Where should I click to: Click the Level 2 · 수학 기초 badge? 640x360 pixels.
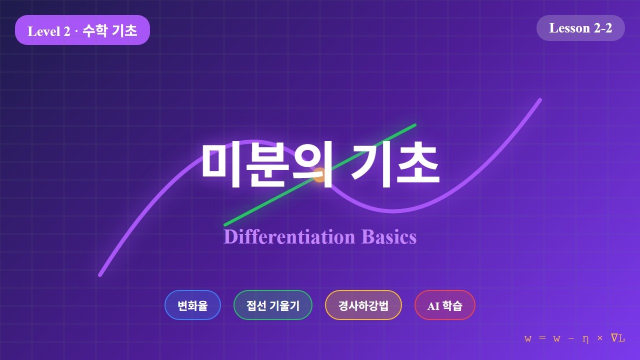(82, 30)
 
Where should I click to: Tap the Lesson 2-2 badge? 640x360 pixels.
(580, 28)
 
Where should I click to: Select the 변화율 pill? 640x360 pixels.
(192, 305)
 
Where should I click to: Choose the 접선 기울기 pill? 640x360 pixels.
(273, 305)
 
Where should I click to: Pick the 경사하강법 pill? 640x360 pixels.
(363, 305)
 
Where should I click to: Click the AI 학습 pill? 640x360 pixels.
(444, 305)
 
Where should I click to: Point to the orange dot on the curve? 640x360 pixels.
(319, 174)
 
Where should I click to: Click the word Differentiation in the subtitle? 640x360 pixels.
(289, 236)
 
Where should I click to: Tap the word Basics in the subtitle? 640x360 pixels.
(389, 236)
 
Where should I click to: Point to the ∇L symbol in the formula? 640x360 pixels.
(618, 338)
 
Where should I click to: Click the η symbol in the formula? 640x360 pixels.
(585, 339)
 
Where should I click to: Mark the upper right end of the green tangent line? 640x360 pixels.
(414, 124)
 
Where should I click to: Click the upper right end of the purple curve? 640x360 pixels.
(540, 99)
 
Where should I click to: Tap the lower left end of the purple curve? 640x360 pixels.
(100, 274)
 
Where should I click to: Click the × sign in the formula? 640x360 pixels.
(600, 339)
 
